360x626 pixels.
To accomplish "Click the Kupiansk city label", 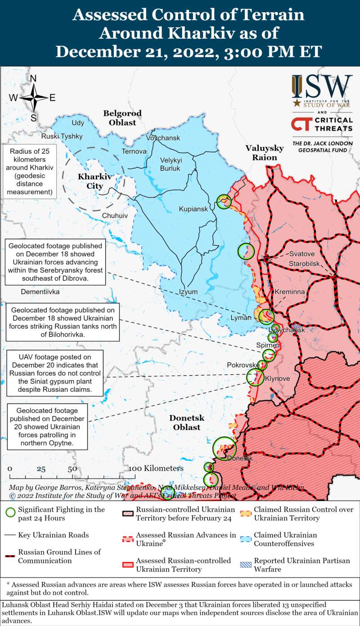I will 193,210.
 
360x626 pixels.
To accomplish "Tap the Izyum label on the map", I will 188,291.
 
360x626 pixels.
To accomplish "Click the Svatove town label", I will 302,254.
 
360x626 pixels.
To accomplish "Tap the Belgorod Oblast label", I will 122,118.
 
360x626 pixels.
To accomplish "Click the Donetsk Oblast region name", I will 187,422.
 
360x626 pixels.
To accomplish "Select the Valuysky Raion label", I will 265,153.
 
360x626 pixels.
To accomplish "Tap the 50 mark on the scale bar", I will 72,469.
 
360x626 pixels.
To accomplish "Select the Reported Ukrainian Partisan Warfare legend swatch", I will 246,565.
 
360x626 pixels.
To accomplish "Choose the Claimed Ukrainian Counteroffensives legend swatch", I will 246,539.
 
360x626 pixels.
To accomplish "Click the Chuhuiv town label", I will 115,216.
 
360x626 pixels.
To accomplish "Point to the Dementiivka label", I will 40,291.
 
